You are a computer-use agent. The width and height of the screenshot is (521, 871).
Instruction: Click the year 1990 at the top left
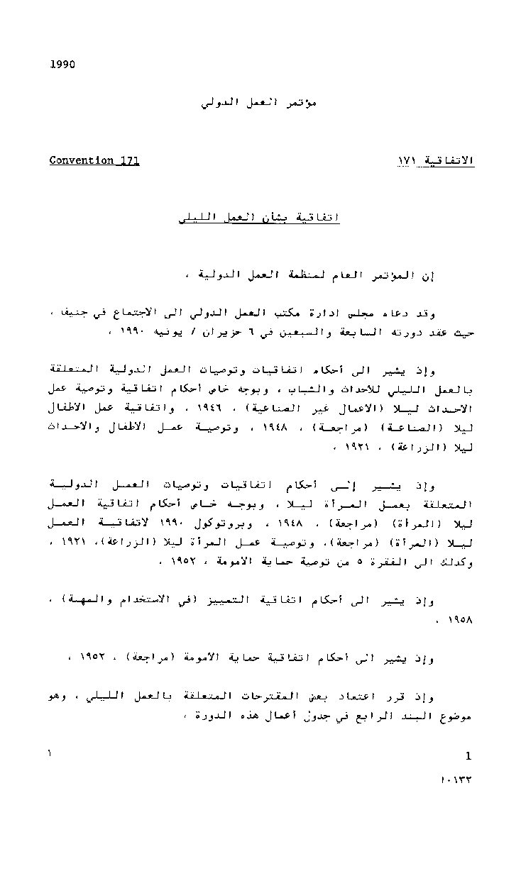tap(62, 65)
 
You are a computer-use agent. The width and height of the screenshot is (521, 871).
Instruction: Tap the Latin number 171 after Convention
tap(128, 160)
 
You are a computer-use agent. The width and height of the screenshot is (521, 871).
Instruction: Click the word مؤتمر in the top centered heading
tap(300, 103)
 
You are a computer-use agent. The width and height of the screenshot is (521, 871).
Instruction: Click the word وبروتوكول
tap(213, 523)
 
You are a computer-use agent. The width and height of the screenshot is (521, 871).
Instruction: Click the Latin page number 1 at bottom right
tap(468, 755)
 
